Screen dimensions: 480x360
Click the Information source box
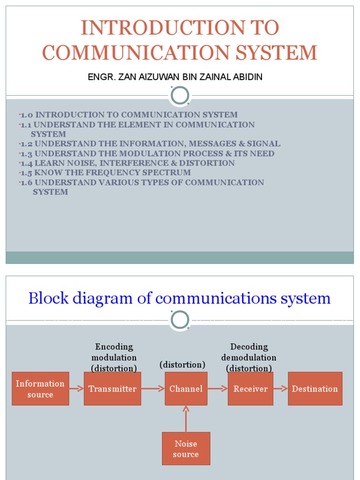point(40,389)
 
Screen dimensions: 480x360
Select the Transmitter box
point(112,389)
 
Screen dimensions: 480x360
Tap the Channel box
point(186,389)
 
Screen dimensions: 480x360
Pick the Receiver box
point(250,389)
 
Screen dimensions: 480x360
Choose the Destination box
point(315,389)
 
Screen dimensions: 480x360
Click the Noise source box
point(186,449)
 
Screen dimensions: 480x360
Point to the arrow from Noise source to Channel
point(186,419)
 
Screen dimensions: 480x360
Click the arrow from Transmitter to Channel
point(153,389)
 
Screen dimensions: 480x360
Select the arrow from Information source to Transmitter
point(76,389)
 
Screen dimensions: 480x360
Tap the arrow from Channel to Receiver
point(217,389)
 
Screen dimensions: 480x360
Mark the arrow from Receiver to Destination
point(280,389)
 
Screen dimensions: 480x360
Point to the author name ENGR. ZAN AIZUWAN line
point(175,77)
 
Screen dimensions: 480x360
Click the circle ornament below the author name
point(180,95)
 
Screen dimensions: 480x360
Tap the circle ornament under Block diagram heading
point(180,320)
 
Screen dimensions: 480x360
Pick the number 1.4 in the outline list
point(26,163)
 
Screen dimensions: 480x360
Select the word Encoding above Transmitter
point(114,347)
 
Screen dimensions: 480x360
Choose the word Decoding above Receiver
point(249,347)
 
